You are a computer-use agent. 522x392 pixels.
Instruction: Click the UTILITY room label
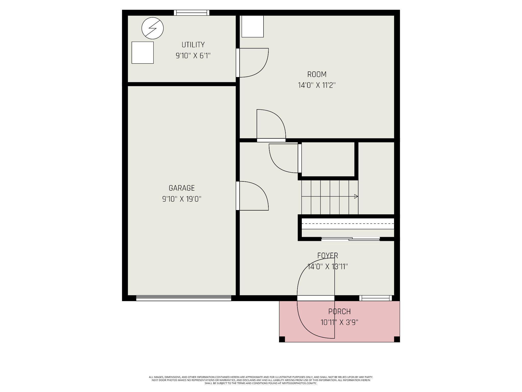tap(193, 45)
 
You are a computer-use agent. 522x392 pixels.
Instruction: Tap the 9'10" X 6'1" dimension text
tap(193, 56)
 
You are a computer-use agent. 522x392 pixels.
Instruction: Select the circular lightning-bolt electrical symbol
tap(152, 28)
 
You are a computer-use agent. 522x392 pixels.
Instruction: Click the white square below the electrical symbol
tap(142, 53)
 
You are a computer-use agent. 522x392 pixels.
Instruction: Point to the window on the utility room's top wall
tap(191, 13)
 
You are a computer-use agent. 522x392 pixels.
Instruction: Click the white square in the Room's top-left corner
tap(252, 26)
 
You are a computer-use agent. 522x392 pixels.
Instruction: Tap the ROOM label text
tap(317, 75)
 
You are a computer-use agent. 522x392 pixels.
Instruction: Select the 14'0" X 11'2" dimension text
tap(317, 85)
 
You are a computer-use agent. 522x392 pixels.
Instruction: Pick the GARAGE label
tap(181, 188)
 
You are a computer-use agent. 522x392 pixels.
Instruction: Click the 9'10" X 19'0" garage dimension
tap(181, 199)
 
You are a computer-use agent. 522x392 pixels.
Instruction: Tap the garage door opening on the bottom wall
tap(184, 298)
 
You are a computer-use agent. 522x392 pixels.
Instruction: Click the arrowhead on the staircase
tap(356, 196)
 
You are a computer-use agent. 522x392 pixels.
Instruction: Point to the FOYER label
tap(328, 255)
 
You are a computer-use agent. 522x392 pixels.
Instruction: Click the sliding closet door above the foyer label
tap(350, 239)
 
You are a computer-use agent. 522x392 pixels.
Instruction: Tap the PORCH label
tap(339, 312)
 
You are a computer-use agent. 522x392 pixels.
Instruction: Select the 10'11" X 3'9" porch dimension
tap(339, 323)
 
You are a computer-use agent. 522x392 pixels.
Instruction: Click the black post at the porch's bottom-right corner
tap(397, 339)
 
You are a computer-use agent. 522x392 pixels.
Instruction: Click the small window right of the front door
tap(375, 298)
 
